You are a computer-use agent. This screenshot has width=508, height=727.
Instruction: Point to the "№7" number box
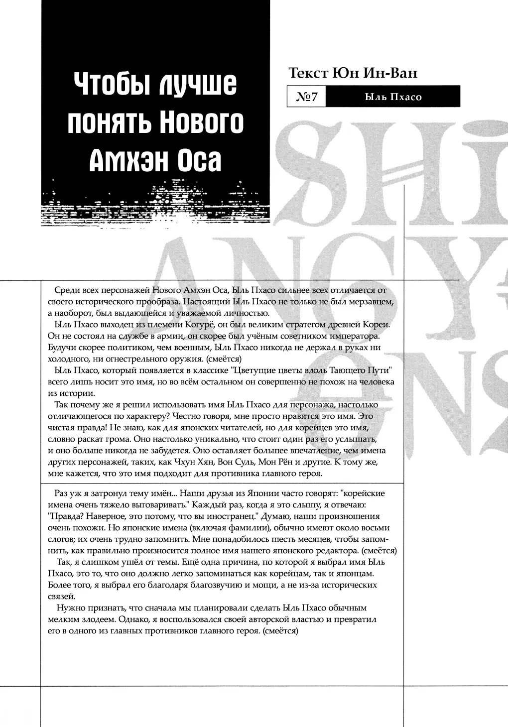point(306,97)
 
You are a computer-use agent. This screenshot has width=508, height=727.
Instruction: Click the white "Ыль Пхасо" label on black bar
point(393,97)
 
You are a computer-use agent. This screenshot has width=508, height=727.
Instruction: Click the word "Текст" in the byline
point(309,73)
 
